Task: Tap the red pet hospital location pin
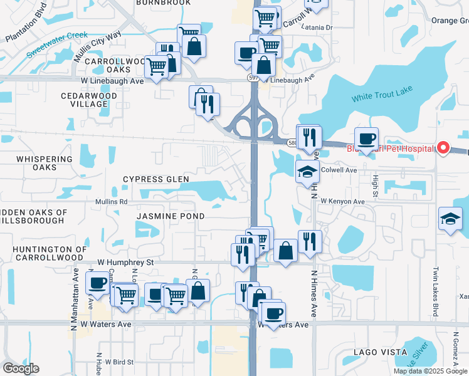pos(443,148)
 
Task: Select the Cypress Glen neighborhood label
pos(155,179)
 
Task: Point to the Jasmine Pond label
pos(171,216)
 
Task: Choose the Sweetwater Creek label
pos(57,45)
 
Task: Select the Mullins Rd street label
pos(111,202)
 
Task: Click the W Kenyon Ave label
pos(342,202)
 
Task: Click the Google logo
pos(21,368)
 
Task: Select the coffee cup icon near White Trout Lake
pos(366,139)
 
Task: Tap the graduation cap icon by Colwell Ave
pos(307,172)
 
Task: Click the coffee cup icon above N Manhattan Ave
pos(97,283)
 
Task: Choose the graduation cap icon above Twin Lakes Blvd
pos(450,219)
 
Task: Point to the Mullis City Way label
pos(97,44)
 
